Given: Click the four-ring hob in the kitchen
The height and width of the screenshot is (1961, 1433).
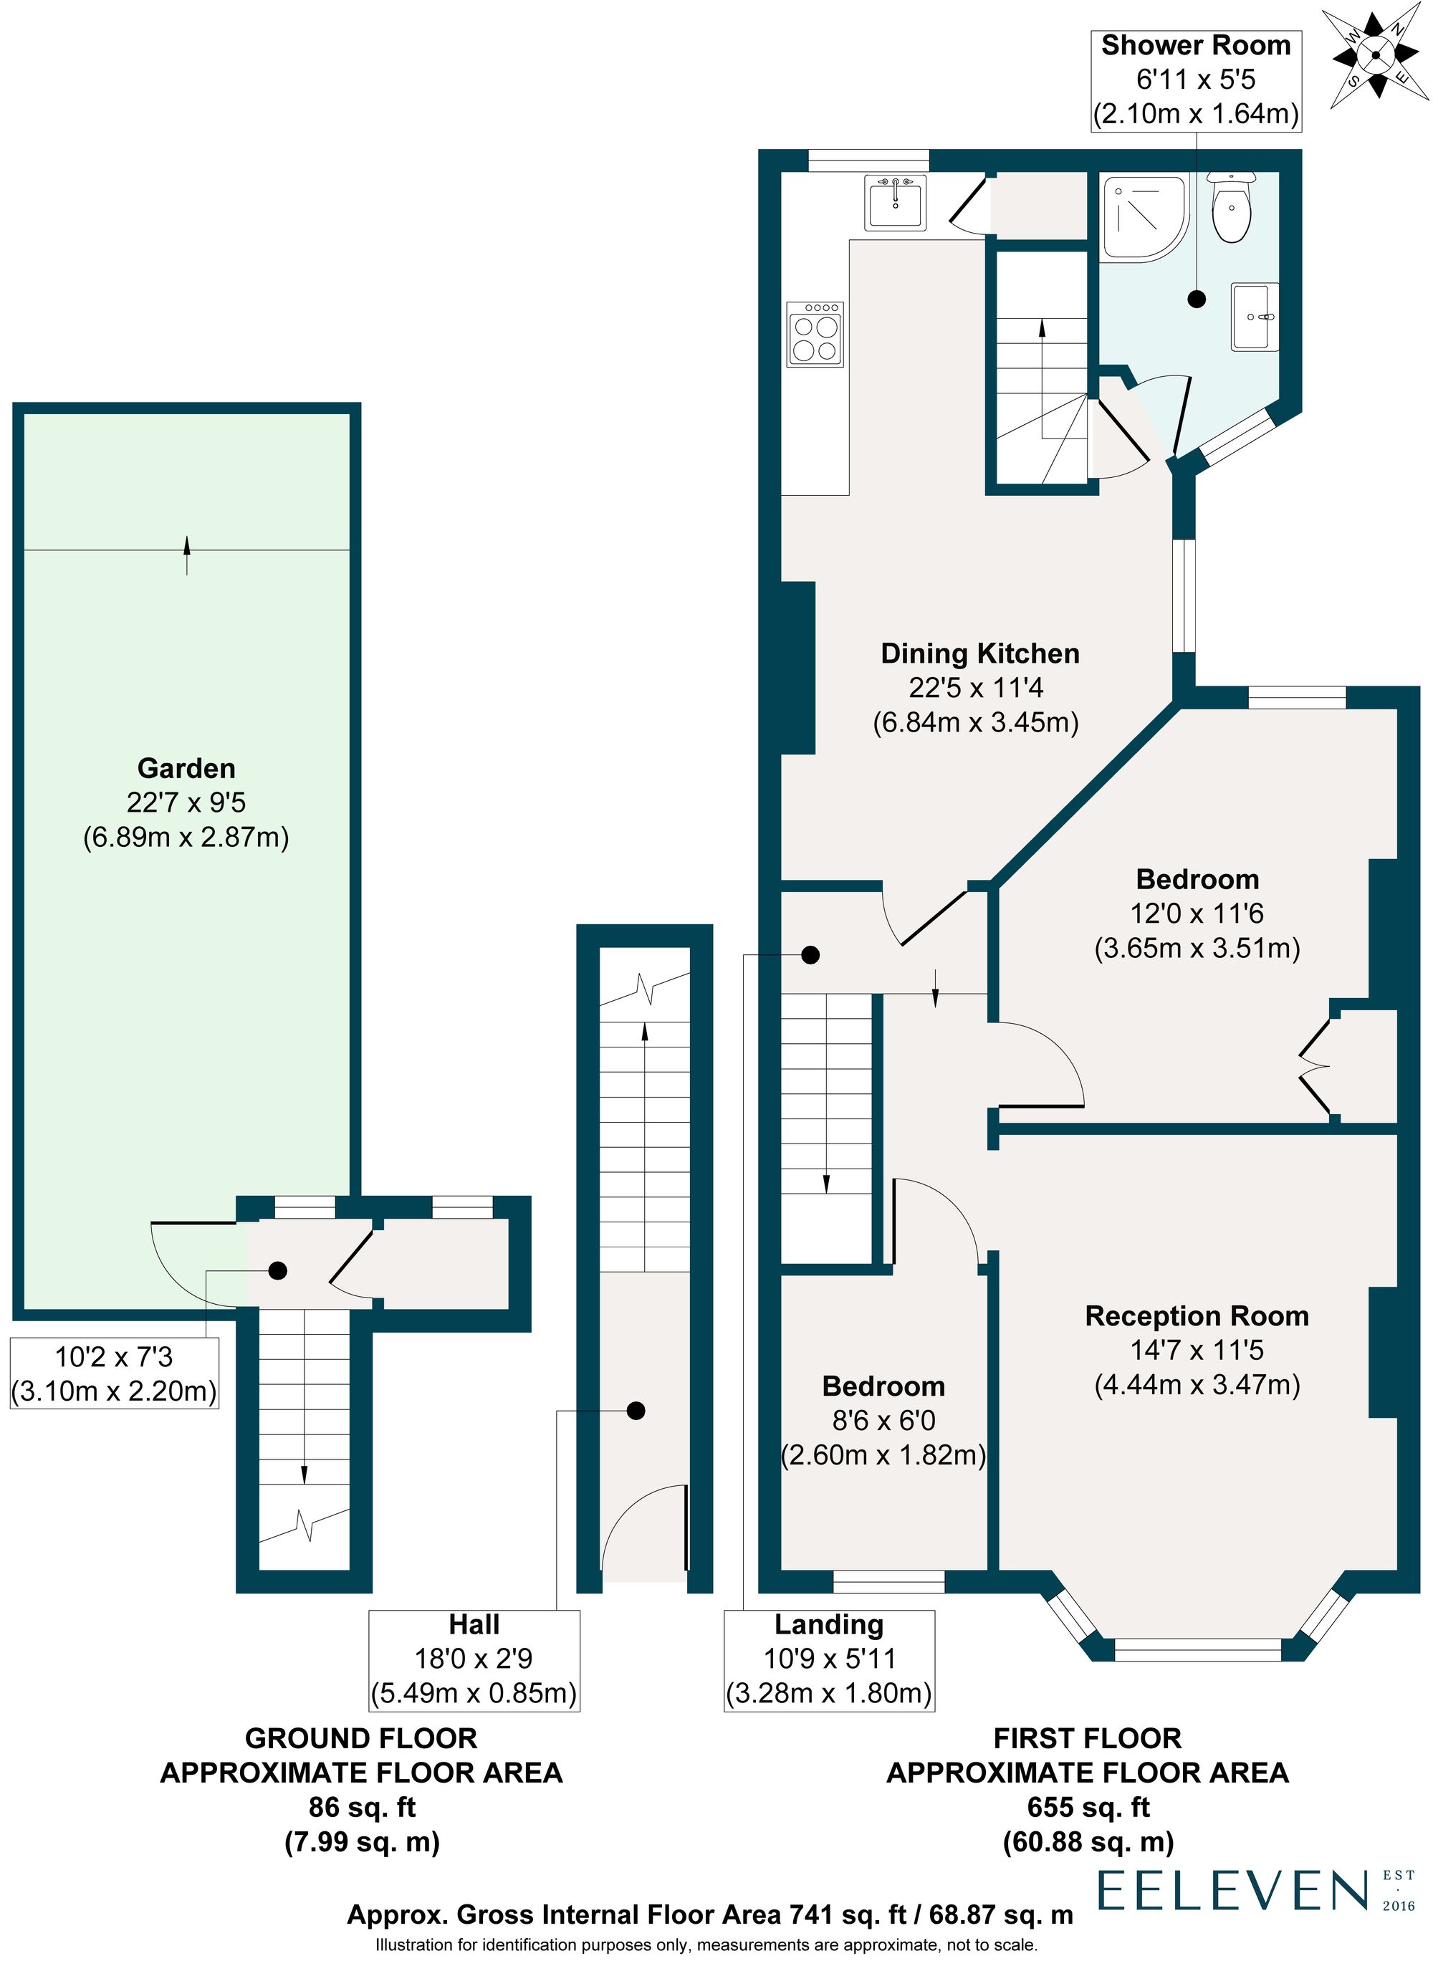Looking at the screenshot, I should point(815,334).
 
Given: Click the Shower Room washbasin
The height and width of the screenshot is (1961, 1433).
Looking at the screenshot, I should point(1255,317).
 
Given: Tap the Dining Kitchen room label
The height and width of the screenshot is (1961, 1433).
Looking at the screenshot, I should point(980,654).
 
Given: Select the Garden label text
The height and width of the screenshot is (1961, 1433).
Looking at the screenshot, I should point(186,769).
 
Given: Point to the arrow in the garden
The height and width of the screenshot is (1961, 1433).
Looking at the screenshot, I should point(186,555).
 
